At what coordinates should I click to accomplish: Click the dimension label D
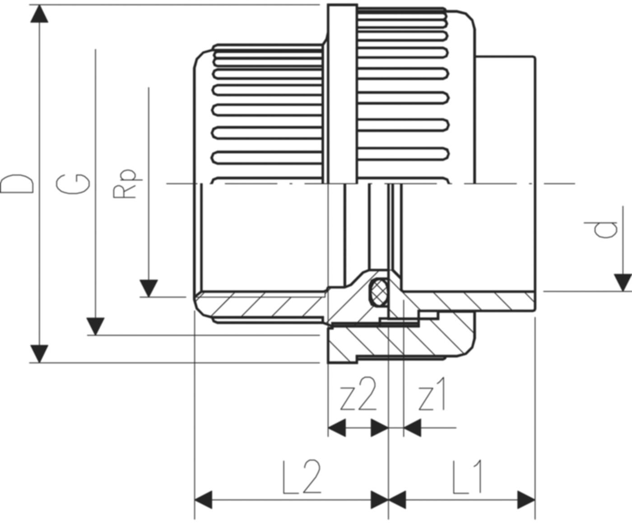pos(17,184)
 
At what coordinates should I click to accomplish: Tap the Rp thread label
pos(124,184)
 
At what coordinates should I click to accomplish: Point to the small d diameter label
pos(605,229)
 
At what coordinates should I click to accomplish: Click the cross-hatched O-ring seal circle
pos(378,293)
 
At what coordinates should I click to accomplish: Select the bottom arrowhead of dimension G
pos(95,326)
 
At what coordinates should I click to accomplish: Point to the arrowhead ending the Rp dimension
pos(149,288)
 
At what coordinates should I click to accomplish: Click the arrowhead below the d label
pos(623,282)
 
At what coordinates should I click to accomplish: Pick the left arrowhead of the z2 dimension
pos(337,427)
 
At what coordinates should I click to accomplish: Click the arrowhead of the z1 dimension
pos(412,427)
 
